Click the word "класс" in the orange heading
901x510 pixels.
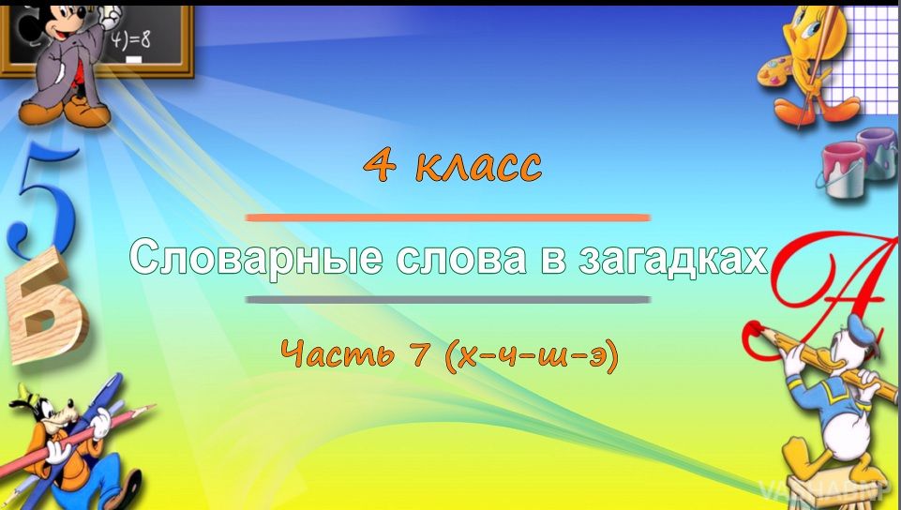point(478,165)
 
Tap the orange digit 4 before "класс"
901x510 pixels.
point(380,165)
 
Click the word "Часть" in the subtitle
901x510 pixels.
point(338,352)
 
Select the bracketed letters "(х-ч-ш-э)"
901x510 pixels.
point(532,354)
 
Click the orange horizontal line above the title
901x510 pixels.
point(447,217)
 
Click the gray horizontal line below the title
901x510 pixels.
point(447,299)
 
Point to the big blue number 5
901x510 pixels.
point(43,198)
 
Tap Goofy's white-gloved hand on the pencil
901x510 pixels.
point(99,424)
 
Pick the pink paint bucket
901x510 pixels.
point(843,170)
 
